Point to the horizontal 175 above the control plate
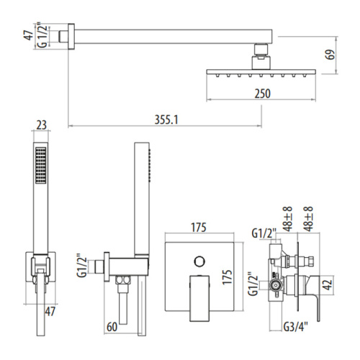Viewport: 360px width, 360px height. pos(199,228)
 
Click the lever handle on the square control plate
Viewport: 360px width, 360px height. pos(197,295)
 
